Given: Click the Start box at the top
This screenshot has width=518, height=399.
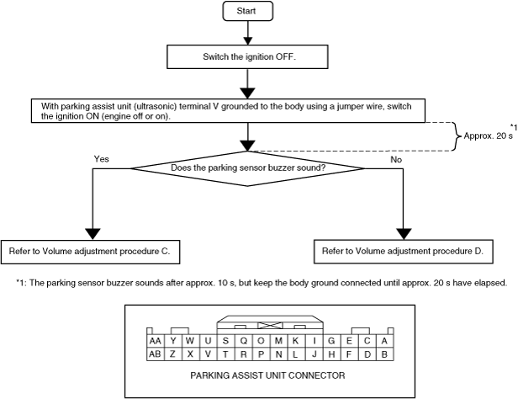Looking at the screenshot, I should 247,11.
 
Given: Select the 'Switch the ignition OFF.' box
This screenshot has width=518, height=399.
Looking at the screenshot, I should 247,56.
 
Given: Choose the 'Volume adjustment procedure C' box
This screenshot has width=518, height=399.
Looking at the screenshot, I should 92,250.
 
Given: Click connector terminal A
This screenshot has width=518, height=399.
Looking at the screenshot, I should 383,340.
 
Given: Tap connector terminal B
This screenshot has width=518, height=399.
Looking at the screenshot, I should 383,354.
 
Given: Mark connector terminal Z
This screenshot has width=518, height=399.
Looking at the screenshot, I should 172,354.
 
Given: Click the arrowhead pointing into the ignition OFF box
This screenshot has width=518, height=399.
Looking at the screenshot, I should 247,39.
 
